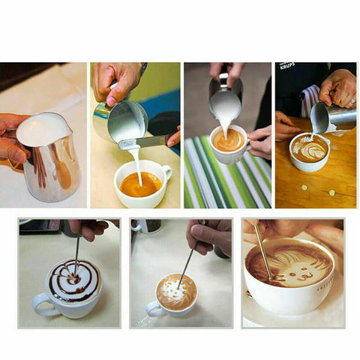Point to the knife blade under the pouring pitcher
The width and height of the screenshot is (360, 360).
142,142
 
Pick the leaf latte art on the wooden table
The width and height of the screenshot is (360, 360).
308,149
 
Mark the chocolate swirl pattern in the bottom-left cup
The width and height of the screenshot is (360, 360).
73,280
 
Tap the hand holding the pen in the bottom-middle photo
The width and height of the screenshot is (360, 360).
211,236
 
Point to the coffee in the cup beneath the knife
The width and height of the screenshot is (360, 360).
140,184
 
